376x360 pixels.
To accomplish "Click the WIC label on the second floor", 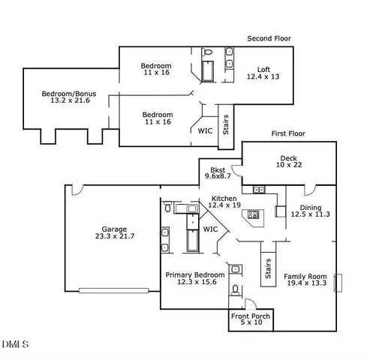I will tap(205, 130).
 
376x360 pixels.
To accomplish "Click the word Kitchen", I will tap(224, 198).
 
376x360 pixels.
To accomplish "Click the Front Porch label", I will tap(250, 316).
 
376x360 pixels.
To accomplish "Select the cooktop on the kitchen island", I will tap(253, 215).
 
